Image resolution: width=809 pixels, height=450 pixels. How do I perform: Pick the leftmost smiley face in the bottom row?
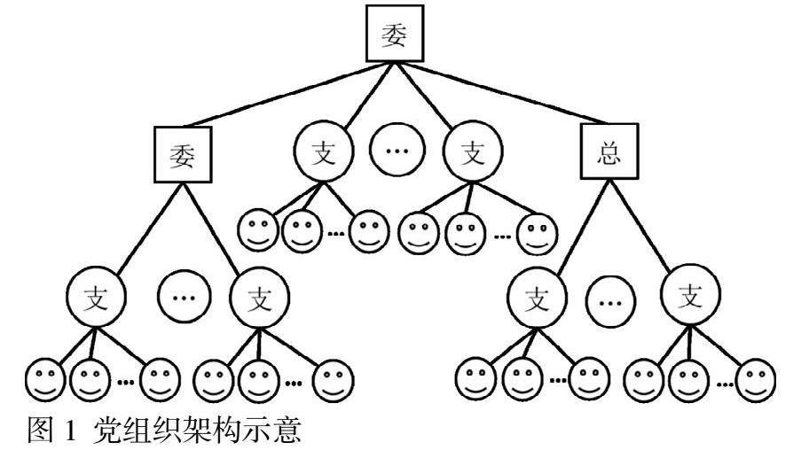coord(44,380)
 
